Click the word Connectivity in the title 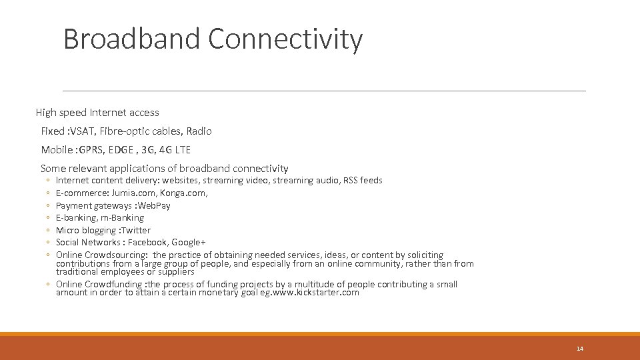point(285,39)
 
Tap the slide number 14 point(579,349)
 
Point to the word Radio point(199,131)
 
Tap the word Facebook point(148,243)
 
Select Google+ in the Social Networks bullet point(188,243)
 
